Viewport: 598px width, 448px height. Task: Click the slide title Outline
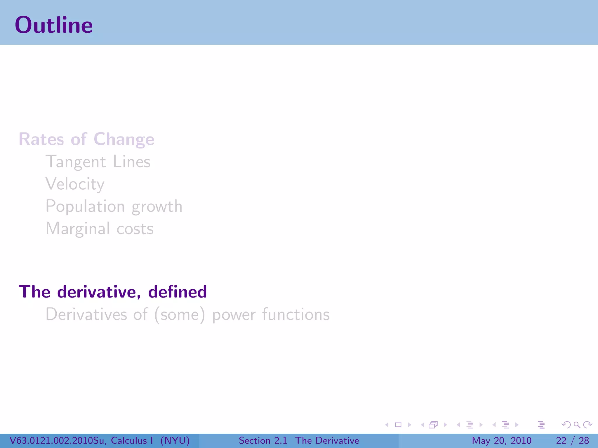pos(54,25)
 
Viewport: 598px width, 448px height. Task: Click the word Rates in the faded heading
pos(41,139)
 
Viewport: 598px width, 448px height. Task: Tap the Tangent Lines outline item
pos(98,162)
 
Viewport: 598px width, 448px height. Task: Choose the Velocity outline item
pos(75,184)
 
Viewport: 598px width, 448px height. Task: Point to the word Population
pos(85,206)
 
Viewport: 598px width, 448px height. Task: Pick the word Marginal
pos(78,229)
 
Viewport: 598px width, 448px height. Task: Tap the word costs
pos(135,229)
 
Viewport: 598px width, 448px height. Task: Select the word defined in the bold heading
pos(178,292)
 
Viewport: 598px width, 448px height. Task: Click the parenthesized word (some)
pos(180,315)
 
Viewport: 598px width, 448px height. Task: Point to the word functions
pos(296,314)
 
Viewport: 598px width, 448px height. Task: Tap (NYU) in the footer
pos(175,440)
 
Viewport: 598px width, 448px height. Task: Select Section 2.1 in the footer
pos(263,440)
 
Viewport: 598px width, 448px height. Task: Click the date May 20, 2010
pos(501,440)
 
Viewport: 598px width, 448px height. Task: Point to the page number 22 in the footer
pos(561,440)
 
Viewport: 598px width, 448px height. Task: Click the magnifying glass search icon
pos(577,425)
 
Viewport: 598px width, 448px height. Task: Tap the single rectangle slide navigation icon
pos(398,425)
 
